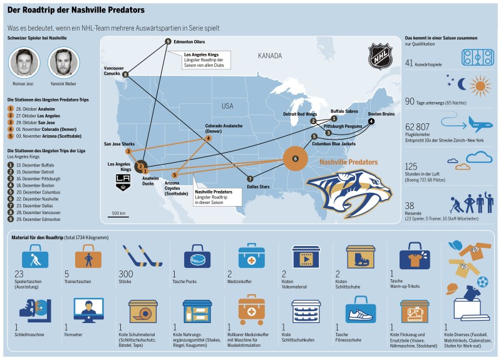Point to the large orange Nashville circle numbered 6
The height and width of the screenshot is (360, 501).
pyautogui.click(x=296, y=158)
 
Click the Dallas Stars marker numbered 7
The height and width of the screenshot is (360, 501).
pyautogui.click(x=250, y=178)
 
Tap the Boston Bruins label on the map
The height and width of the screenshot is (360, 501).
pyautogui.click(x=381, y=114)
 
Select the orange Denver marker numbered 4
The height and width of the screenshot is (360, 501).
pyautogui.click(x=208, y=138)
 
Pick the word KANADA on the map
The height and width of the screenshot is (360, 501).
pyautogui.click(x=270, y=56)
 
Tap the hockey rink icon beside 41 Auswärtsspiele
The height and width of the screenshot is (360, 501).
pyautogui.click(x=478, y=58)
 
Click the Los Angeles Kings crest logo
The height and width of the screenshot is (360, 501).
pyautogui.click(x=123, y=181)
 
